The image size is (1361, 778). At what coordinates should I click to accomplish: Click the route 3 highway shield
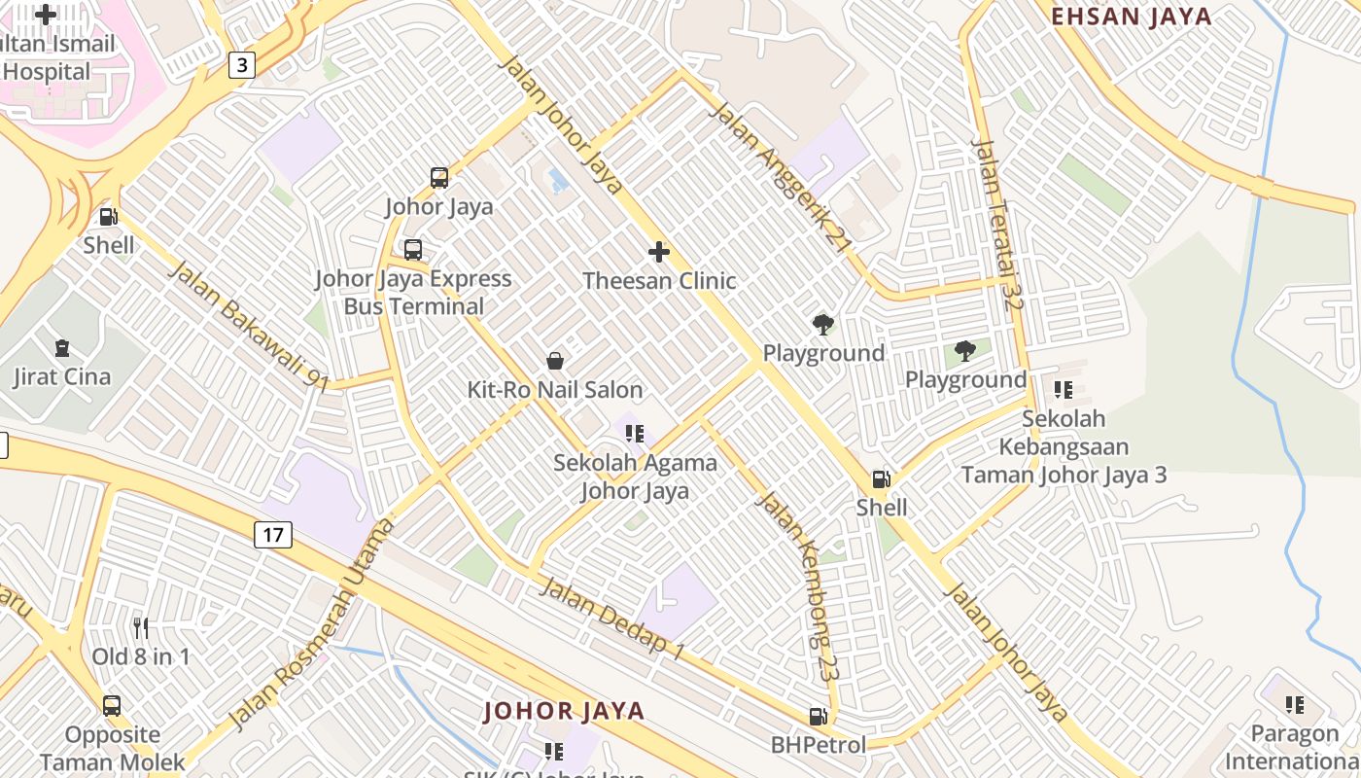[x=242, y=65]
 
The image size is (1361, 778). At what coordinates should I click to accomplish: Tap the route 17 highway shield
[x=274, y=534]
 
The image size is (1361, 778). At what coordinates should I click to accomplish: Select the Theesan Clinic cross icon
[x=659, y=253]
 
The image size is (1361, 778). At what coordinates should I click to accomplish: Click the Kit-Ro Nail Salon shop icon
[x=555, y=362]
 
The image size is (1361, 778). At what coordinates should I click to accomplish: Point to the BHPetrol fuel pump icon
[x=819, y=717]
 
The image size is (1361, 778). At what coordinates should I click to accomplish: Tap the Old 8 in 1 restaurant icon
[x=141, y=628]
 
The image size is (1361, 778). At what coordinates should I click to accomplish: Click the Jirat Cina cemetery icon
[x=62, y=348]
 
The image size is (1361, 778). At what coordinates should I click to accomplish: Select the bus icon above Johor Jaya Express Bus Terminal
[x=413, y=250]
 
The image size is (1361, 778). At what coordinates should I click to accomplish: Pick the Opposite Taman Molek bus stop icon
[x=112, y=706]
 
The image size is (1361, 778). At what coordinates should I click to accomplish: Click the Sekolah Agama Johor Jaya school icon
[x=635, y=434]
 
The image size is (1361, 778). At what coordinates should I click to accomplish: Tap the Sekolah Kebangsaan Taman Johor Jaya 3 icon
[x=1064, y=390]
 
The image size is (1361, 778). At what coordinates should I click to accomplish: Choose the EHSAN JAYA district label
[x=1133, y=17]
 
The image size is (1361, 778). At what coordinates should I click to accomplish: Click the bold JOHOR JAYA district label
[x=565, y=711]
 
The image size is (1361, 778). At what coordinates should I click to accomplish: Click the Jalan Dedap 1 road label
[x=612, y=619]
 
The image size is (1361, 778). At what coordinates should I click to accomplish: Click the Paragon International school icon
[x=1294, y=704]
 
